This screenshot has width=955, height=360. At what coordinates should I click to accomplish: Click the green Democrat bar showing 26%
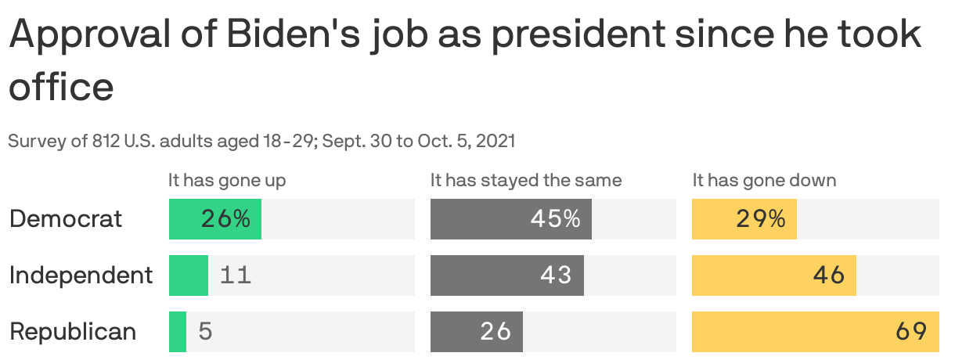214,219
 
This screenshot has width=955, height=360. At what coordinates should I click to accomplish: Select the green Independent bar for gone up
189,275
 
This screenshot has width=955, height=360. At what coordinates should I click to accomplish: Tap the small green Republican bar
178,332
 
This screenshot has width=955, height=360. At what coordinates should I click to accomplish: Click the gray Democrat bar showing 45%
510,219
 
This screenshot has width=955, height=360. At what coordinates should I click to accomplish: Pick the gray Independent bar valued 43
506,275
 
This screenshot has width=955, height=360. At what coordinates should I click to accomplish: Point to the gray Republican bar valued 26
476,332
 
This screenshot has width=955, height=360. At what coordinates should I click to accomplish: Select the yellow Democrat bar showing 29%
744,219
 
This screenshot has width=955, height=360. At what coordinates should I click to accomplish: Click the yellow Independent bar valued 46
773,275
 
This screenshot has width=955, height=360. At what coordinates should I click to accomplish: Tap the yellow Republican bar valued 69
815,332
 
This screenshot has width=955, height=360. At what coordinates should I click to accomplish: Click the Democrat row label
66,219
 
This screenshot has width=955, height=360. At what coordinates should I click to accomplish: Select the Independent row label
81,275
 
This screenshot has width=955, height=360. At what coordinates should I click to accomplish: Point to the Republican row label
73,332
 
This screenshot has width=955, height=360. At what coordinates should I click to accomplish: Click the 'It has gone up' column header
227,181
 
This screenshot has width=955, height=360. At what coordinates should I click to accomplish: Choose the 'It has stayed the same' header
526,181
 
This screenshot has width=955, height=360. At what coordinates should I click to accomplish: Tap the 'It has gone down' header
764,181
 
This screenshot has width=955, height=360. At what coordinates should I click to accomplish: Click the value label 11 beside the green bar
236,275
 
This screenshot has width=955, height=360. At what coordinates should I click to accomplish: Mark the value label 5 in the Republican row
205,332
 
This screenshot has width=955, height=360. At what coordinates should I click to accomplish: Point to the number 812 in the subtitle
109,142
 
